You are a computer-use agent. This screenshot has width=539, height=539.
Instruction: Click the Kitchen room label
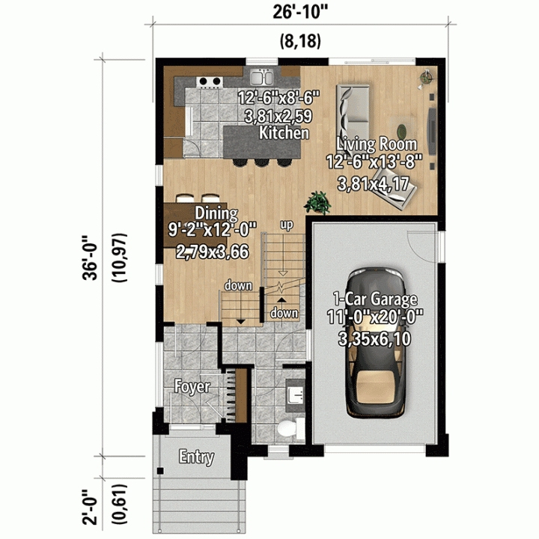coord(284,133)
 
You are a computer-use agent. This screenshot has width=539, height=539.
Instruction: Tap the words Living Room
coord(376,144)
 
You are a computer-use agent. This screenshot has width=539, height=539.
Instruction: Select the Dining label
coord(216,213)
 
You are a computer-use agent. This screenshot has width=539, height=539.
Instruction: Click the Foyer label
coord(192,387)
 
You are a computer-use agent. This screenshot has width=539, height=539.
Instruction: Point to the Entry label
coord(197,457)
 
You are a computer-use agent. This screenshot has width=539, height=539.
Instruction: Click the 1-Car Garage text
coord(375,299)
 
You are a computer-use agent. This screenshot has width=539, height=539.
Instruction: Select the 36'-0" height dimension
coord(91,258)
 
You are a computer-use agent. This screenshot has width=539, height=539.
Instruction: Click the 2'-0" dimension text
coord(91,507)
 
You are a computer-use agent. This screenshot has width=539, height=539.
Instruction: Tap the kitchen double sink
coord(261,77)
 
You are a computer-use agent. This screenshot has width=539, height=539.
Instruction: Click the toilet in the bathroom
coord(290,428)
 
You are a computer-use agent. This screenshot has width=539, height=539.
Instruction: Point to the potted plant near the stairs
coord(317,203)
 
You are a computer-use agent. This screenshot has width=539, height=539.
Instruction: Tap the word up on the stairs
coord(287,225)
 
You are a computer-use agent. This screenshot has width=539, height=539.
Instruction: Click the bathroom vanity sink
coord(295,395)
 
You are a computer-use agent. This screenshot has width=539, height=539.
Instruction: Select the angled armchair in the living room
coord(395,189)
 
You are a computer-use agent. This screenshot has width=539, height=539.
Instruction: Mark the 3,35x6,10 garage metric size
coord(375,339)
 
